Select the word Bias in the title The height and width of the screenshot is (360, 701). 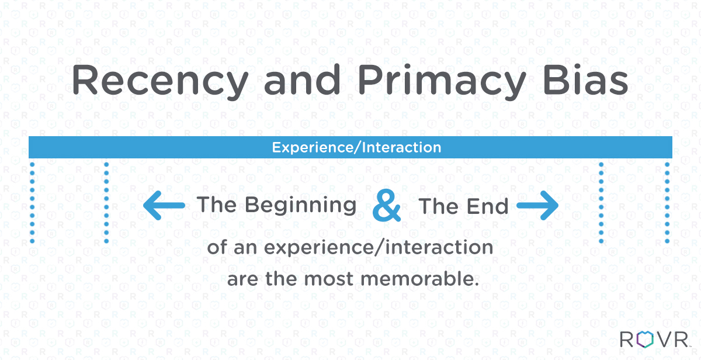coord(586,80)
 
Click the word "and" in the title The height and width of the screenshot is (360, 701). coord(302,79)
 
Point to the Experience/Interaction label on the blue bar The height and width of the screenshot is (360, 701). coord(356,147)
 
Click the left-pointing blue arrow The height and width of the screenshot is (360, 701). coord(164,205)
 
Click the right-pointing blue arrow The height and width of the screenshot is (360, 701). coord(537,205)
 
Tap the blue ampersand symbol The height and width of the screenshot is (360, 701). coord(387,205)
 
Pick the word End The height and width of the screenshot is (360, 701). coord(488,207)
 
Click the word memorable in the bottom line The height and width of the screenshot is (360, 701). coord(420,278)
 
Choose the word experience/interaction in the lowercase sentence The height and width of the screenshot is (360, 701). coord(379,248)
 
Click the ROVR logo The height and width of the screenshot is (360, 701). coord(655,340)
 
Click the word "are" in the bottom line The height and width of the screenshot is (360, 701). coord(243,279)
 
